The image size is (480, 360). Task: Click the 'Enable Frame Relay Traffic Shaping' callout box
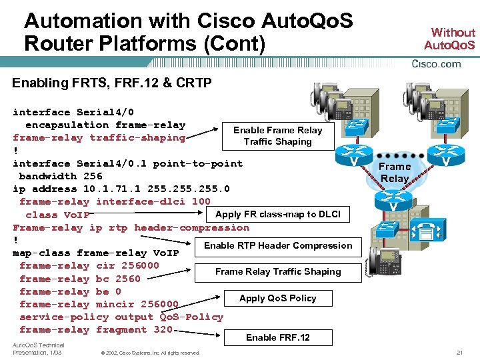[x=277, y=136]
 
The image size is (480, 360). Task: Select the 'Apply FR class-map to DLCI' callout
[x=277, y=214]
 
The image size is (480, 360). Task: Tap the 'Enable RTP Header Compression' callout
[x=277, y=245]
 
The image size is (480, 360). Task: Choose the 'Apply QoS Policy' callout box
[x=277, y=298]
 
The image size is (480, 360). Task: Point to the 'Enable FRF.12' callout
[x=277, y=337]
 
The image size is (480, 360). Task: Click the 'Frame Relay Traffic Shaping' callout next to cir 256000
[x=277, y=271]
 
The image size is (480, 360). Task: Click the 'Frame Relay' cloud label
[x=395, y=172]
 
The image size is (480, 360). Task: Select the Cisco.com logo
[x=437, y=64]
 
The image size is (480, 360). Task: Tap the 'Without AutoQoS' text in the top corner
[x=453, y=39]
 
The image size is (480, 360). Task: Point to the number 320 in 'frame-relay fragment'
[x=163, y=329]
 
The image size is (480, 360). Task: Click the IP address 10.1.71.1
[x=105, y=189]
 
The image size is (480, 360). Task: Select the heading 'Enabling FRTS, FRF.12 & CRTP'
[x=112, y=83]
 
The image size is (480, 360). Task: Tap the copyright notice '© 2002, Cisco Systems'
[x=148, y=353]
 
